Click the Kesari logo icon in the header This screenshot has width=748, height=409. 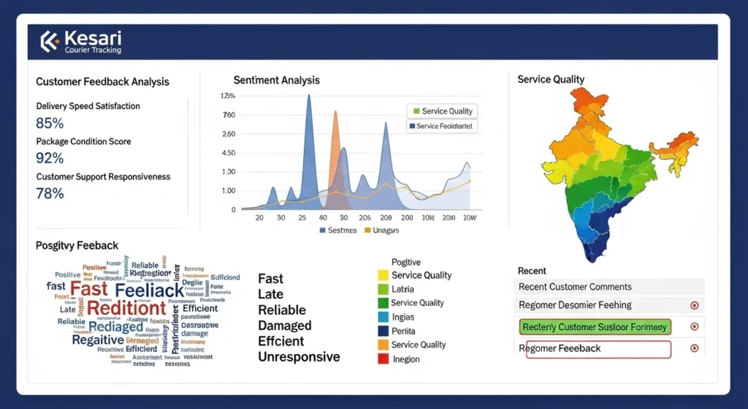click(x=49, y=42)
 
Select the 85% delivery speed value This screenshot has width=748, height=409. click(x=50, y=123)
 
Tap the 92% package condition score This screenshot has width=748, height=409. click(x=50, y=158)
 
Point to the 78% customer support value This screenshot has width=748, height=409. click(x=50, y=193)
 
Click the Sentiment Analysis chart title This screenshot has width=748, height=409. click(x=276, y=80)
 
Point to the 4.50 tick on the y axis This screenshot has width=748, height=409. click(x=228, y=153)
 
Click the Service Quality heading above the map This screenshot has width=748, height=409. click(x=550, y=79)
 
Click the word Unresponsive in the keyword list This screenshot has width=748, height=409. click(x=299, y=357)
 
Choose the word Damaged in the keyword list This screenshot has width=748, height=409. click(x=284, y=326)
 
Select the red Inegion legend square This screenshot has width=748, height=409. click(x=383, y=359)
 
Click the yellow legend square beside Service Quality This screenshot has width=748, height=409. click(x=383, y=276)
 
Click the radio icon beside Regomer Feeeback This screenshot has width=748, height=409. click(x=694, y=348)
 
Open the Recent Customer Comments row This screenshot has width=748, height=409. click(x=575, y=287)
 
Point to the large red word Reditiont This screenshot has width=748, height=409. click(x=126, y=308)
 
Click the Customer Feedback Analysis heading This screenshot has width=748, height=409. click(x=102, y=82)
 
